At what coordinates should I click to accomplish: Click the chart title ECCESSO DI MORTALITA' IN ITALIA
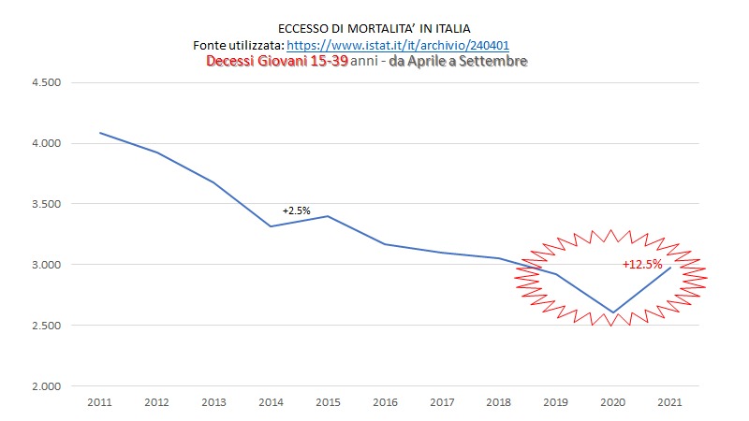pos(374,29)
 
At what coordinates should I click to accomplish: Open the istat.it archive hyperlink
pos(398,45)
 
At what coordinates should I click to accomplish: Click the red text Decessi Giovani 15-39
pos(277,61)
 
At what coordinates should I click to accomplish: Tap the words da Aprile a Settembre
pos(458,61)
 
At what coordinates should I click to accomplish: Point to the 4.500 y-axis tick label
pos(46,82)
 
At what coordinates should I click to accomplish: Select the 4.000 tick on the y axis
pos(46,143)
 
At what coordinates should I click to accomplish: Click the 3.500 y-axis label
pos(46,204)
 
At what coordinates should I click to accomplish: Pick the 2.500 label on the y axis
pos(46,326)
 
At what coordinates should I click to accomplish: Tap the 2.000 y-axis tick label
pos(46,386)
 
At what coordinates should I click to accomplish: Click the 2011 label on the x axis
pos(99,402)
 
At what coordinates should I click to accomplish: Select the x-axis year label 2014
pos(271,402)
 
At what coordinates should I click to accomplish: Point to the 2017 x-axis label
pos(442,402)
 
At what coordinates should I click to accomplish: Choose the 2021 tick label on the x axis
pos(669,402)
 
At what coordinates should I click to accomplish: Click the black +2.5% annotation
pos(296,210)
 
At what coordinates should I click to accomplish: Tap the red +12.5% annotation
pos(642,264)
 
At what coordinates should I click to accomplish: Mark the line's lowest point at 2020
pos(613,312)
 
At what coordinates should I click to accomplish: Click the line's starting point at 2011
pos(99,133)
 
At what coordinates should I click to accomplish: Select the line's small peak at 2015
pos(328,216)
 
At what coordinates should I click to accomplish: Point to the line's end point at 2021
pos(670,268)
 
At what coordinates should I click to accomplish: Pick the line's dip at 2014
pos(271,226)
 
